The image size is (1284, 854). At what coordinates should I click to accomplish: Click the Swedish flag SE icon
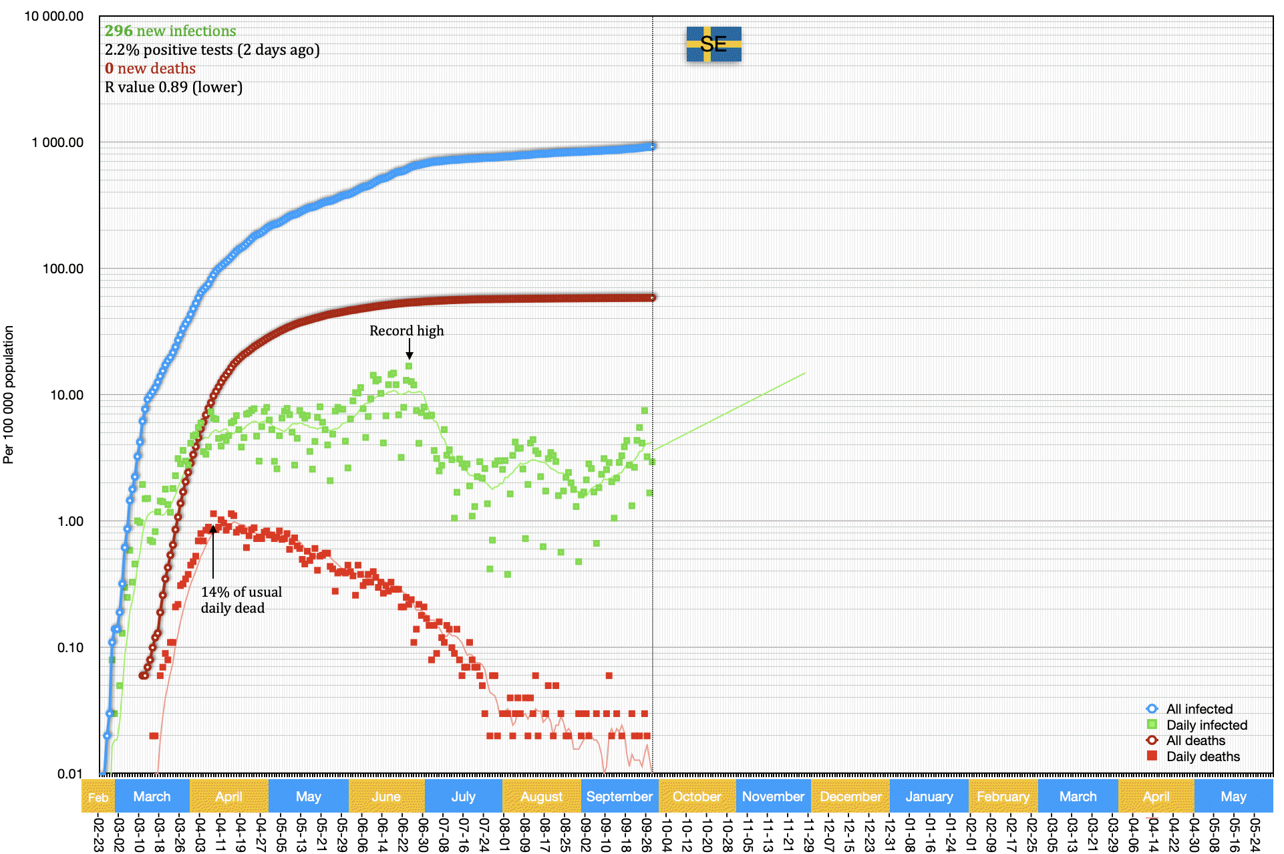coord(713,44)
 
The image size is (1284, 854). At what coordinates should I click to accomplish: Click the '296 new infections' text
coord(170,31)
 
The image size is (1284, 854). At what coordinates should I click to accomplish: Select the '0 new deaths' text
coord(150,69)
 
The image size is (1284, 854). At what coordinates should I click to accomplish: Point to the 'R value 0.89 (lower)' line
coord(174,88)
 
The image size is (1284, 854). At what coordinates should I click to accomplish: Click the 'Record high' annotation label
coord(406,331)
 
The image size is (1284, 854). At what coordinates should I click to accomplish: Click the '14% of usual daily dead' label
coord(240,600)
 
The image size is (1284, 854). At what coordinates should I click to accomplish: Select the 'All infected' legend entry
coord(1198,709)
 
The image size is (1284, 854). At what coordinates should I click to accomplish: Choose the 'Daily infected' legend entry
coord(1206,725)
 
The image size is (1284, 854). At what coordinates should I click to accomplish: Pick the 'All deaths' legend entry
coord(1195,740)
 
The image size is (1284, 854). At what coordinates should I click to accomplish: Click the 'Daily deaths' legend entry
coord(1202,756)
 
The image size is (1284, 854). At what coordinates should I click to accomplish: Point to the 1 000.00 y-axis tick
coord(57,142)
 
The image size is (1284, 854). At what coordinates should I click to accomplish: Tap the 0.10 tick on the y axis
coord(70,648)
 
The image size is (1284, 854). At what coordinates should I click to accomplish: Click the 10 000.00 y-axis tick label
coord(53,16)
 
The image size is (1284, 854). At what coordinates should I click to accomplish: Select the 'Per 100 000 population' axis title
coord(9,394)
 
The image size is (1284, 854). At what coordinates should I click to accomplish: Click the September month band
coord(619,797)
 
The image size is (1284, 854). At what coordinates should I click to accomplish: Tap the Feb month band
coord(98,797)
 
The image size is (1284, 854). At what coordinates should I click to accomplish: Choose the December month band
coord(850,797)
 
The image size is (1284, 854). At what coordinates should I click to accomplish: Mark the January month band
coord(929,797)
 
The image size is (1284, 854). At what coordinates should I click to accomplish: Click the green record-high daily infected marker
coord(409,366)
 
